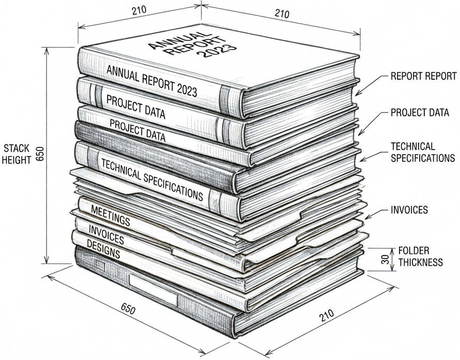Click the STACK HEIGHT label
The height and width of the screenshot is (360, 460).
(x=17, y=154)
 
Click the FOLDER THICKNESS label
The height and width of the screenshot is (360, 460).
(x=420, y=257)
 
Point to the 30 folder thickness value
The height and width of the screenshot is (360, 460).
(x=386, y=259)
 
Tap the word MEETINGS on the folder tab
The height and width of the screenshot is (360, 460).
(x=111, y=215)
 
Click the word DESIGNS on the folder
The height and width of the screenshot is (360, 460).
(x=103, y=249)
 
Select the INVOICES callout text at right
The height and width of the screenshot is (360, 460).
(x=409, y=210)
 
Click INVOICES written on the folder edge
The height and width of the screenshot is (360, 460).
(x=106, y=235)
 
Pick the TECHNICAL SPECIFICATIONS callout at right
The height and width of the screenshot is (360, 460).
(x=423, y=153)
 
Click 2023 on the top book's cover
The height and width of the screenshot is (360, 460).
(x=217, y=50)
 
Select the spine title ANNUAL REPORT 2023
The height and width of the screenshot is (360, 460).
(x=151, y=81)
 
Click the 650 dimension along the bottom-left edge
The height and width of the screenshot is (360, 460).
(x=128, y=308)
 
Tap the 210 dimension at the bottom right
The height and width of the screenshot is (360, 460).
(x=327, y=315)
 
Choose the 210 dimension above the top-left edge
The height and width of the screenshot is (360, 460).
(x=139, y=10)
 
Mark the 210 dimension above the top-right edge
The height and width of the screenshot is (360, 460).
(x=282, y=13)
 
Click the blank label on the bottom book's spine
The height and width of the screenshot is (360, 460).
(x=154, y=290)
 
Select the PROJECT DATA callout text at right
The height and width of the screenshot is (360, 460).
(x=420, y=112)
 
